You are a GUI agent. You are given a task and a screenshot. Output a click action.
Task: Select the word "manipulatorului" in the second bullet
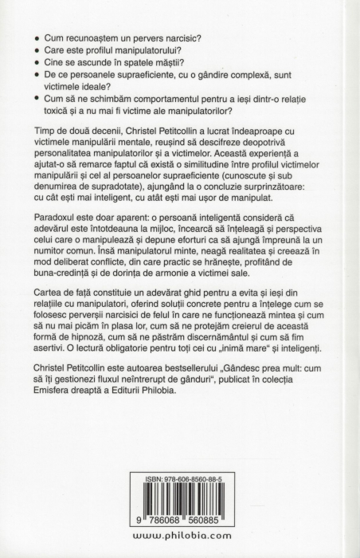point(151,52)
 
